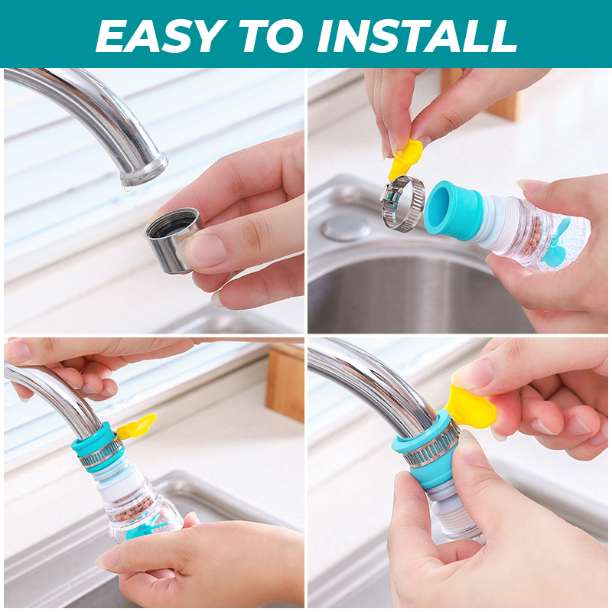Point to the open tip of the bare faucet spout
(x=144, y=173)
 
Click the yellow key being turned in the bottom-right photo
(x=471, y=407)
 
